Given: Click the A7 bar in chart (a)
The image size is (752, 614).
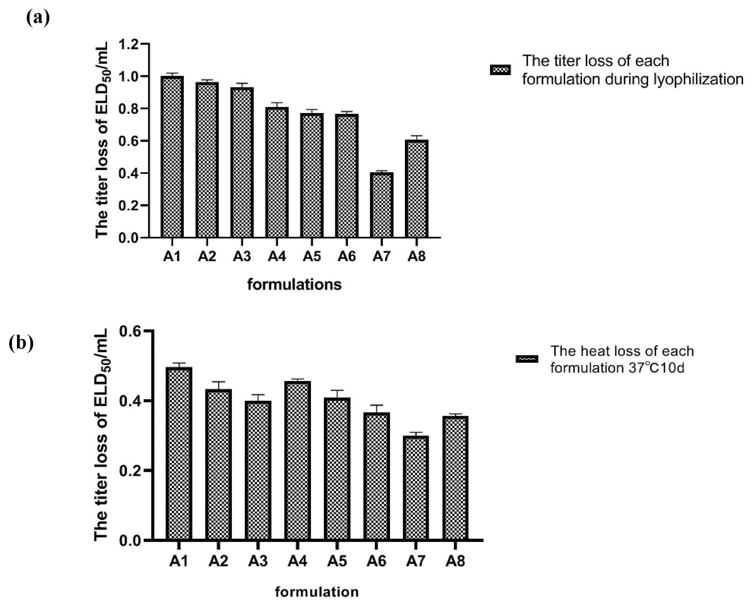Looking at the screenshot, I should point(381,205).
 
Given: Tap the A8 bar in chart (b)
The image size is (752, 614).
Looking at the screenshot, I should point(455,478).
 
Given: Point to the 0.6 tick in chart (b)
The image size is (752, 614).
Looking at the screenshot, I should point(130,331).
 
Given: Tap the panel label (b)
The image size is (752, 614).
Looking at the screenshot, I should point(21,343).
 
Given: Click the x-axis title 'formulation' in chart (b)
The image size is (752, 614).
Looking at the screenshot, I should point(317,592).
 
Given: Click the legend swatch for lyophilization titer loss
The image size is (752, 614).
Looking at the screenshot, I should point(500,70).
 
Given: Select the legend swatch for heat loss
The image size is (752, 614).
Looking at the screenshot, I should point(527,359).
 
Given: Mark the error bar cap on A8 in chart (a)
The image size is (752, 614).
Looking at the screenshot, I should point(416,136).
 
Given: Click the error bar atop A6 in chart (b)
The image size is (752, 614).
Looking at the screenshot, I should point(377,405).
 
